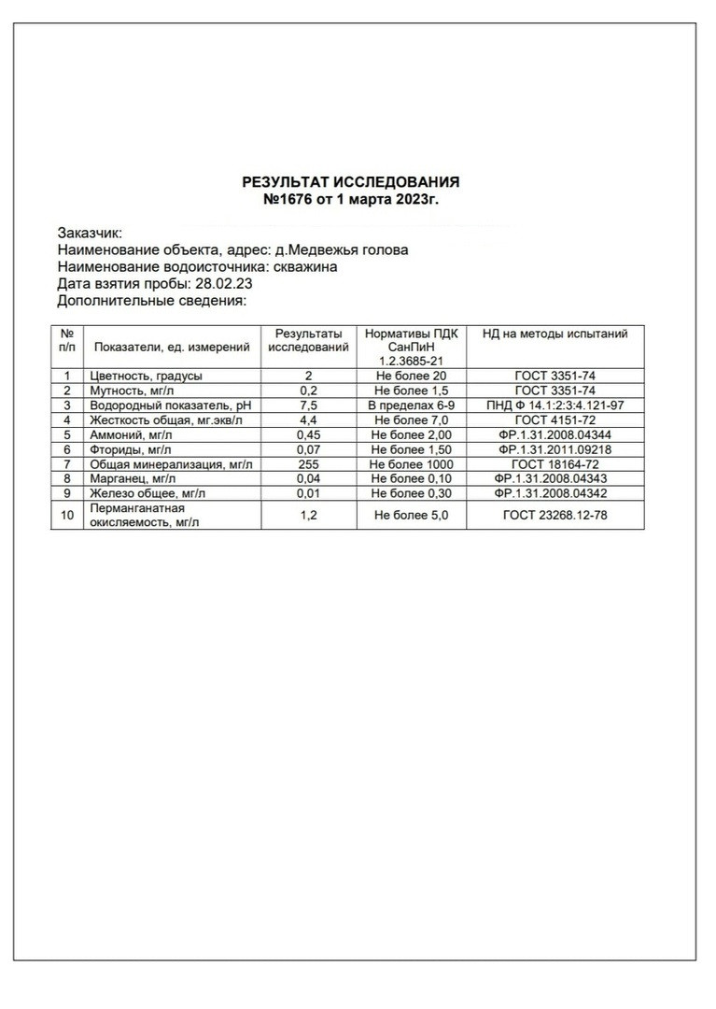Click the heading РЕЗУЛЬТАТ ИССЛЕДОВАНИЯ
click(350, 182)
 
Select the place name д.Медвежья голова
click(341, 250)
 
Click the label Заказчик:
click(90, 233)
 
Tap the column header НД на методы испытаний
click(555, 334)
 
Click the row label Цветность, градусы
click(146, 376)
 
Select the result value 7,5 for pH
click(308, 405)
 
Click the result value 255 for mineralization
click(308, 464)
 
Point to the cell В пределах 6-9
click(411, 405)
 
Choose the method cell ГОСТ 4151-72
click(555, 420)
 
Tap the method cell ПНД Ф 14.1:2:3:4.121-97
click(555, 405)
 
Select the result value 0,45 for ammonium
click(308, 434)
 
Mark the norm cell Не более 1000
click(411, 464)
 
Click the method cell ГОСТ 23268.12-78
click(555, 515)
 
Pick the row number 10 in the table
click(66, 515)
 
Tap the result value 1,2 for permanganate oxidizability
click(308, 515)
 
